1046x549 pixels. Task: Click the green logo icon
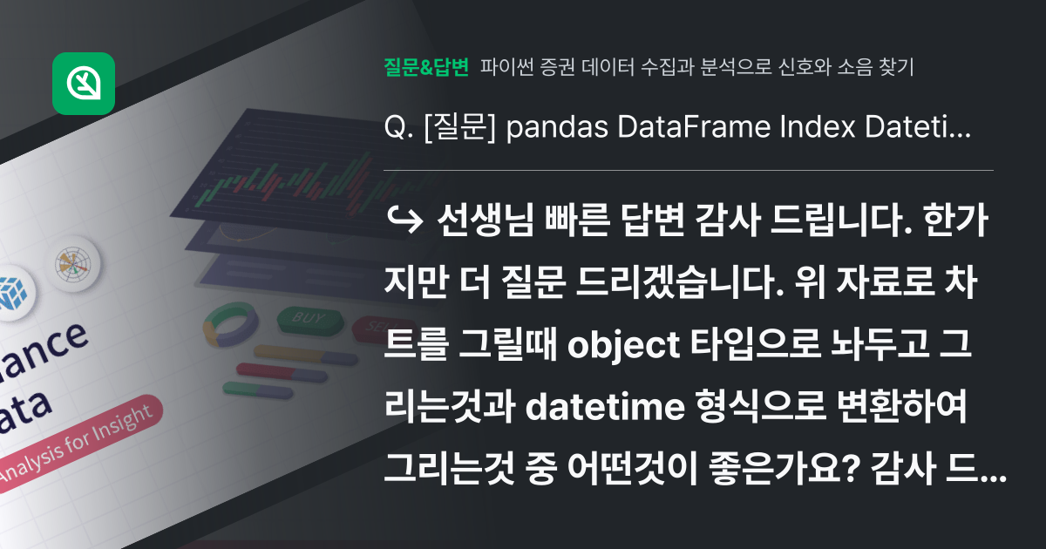click(x=84, y=84)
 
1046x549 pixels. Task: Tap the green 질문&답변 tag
click(x=426, y=65)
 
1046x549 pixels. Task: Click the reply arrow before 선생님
click(x=402, y=221)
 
